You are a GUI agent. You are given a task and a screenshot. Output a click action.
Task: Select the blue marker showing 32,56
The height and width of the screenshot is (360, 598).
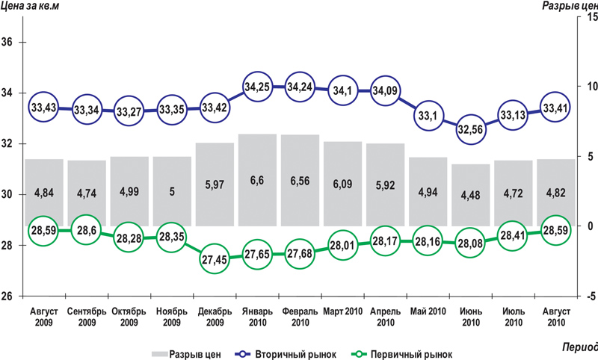click(470, 127)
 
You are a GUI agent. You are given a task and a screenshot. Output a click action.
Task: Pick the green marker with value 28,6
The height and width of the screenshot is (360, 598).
click(87, 231)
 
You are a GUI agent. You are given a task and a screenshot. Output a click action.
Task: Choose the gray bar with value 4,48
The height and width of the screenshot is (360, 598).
click(470, 196)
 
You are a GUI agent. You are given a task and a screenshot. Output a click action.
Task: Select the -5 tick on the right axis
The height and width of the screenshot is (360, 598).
click(588, 296)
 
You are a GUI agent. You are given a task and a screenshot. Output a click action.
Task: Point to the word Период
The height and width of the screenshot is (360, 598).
click(579, 348)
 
